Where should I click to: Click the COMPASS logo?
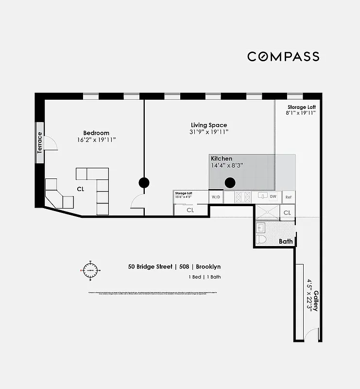(x=283, y=56)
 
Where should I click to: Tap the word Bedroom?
(x=96, y=133)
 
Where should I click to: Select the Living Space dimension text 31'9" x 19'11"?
(x=208, y=132)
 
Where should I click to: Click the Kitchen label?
(x=221, y=159)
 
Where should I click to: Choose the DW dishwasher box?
(x=273, y=197)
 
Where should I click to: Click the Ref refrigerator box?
(x=288, y=197)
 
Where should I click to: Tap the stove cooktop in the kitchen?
(x=243, y=197)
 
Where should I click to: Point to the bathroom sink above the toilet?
(x=260, y=227)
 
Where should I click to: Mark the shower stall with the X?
(x=268, y=212)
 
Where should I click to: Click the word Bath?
(x=285, y=241)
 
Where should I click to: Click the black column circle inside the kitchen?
(x=230, y=183)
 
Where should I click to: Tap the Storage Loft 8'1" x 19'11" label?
(x=301, y=110)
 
